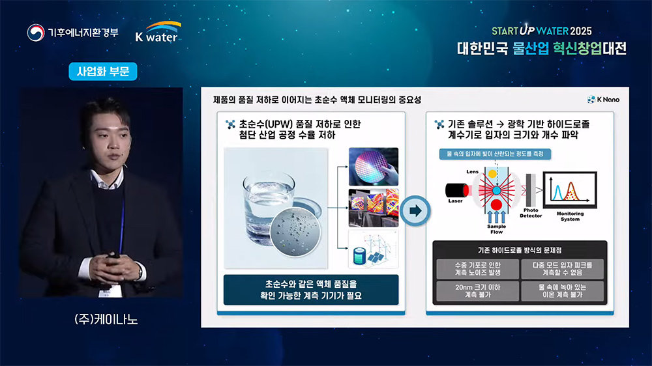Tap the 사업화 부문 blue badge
(103, 72)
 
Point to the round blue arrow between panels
(415, 210)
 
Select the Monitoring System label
(570, 216)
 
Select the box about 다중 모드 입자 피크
(562, 268)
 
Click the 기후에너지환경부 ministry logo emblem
(35, 33)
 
